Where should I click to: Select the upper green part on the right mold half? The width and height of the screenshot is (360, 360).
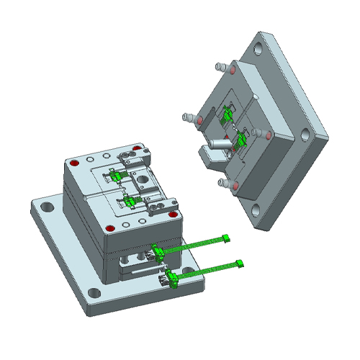(x=228, y=113)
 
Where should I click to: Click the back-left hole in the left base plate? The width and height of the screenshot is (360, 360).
(x=47, y=207)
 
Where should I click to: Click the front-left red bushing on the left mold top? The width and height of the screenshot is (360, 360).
(x=109, y=228)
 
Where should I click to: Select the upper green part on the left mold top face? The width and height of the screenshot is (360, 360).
(x=117, y=175)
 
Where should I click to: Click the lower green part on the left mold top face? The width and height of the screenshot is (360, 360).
(x=131, y=203)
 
